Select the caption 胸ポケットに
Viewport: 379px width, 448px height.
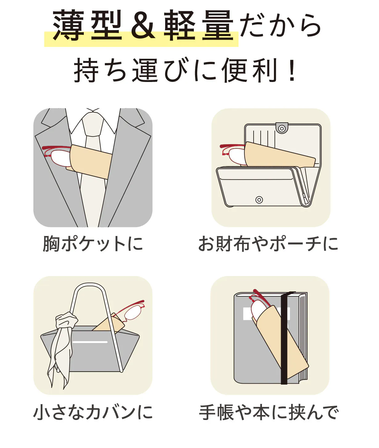[x=93, y=244]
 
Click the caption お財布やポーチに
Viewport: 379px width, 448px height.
[x=268, y=244]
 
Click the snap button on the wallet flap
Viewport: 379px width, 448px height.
[x=282, y=128]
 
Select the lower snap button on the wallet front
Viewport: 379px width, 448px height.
[x=259, y=200]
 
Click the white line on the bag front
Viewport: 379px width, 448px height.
[x=90, y=342]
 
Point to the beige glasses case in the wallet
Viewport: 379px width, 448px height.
[x=279, y=155]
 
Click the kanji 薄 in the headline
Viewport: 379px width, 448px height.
[x=68, y=25]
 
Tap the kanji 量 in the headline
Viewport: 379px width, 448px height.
[x=218, y=25]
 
